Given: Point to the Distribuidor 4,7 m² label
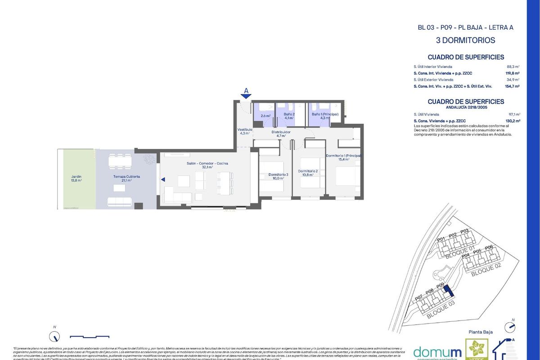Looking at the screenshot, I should coord(281,134).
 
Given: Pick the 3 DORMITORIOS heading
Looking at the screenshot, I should coord(466,40).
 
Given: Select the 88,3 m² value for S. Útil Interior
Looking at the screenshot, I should coord(513,66).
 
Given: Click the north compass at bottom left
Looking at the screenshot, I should coord(54,336).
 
